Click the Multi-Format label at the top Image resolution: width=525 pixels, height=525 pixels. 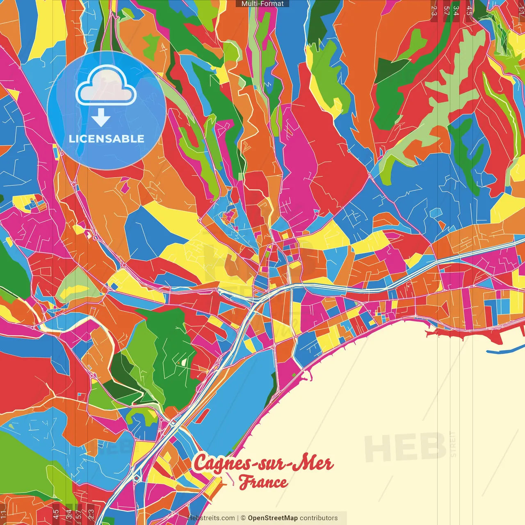coord(262,4)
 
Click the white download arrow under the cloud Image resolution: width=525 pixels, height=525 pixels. coord(101,118)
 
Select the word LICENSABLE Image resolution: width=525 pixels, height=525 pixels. coord(107,139)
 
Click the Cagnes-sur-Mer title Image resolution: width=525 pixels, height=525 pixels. coord(263,463)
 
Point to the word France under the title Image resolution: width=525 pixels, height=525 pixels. coord(263,482)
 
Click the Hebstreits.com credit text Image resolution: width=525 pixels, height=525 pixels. coord(211,518)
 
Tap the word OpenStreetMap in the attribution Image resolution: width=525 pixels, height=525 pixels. coord(273,518)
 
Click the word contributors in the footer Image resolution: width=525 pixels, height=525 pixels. coord(319,518)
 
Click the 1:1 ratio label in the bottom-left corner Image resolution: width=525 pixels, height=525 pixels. coord(4,514)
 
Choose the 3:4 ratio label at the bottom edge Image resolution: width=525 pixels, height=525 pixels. coord(69,514)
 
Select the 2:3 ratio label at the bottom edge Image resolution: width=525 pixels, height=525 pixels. coord(91,514)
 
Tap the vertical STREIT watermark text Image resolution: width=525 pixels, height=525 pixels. coord(453,444)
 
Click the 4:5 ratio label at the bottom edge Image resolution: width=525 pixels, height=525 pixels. coord(56,514)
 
